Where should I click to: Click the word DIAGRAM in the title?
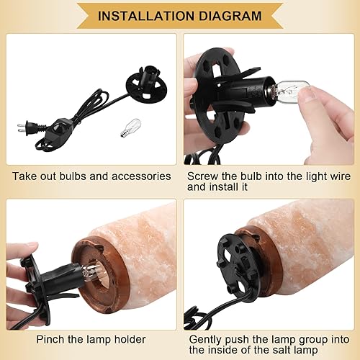click(x=230, y=15)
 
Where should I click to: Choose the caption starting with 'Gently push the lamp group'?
click(x=267, y=338)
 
